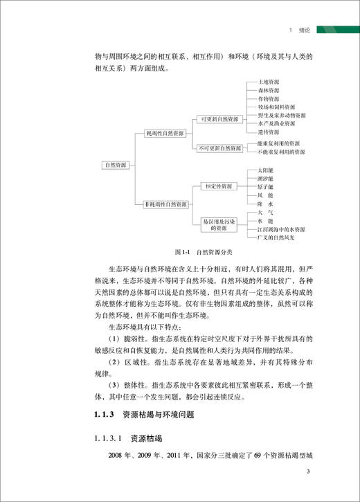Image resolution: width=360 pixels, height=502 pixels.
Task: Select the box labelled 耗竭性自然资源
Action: pos(164,132)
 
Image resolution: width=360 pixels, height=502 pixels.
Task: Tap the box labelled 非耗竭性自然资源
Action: pos(165,204)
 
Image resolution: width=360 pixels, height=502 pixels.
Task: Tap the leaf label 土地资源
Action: pos(267,82)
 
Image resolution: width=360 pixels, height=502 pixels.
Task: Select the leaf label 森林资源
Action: pos(267,90)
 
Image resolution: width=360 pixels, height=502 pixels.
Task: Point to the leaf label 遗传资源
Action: pos(267,132)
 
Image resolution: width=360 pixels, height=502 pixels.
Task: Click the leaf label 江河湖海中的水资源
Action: pos(280,229)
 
